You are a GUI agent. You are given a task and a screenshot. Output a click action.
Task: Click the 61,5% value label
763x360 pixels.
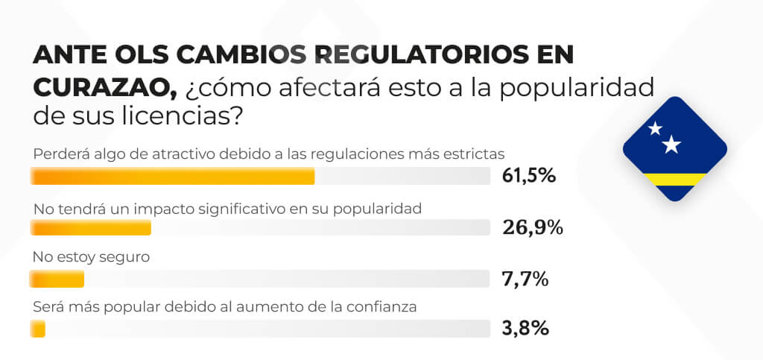[529, 176]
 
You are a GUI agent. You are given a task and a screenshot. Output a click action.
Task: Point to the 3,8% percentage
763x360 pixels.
[525, 328]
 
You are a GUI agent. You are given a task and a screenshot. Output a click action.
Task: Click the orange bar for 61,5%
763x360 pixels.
[172, 177]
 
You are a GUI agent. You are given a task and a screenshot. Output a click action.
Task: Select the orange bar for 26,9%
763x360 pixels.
[91, 227]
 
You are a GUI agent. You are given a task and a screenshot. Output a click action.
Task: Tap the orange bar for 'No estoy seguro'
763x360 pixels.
[57, 279]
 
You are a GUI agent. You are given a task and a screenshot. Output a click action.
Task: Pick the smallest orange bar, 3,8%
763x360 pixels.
[37, 328]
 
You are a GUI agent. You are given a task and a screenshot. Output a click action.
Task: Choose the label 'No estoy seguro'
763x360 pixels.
[92, 258]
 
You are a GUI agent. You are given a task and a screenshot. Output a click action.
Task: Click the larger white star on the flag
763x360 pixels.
[671, 145]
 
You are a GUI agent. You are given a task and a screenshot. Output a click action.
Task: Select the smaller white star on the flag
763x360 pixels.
[655, 128]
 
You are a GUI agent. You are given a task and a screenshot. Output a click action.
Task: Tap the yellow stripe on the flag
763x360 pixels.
[674, 179]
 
